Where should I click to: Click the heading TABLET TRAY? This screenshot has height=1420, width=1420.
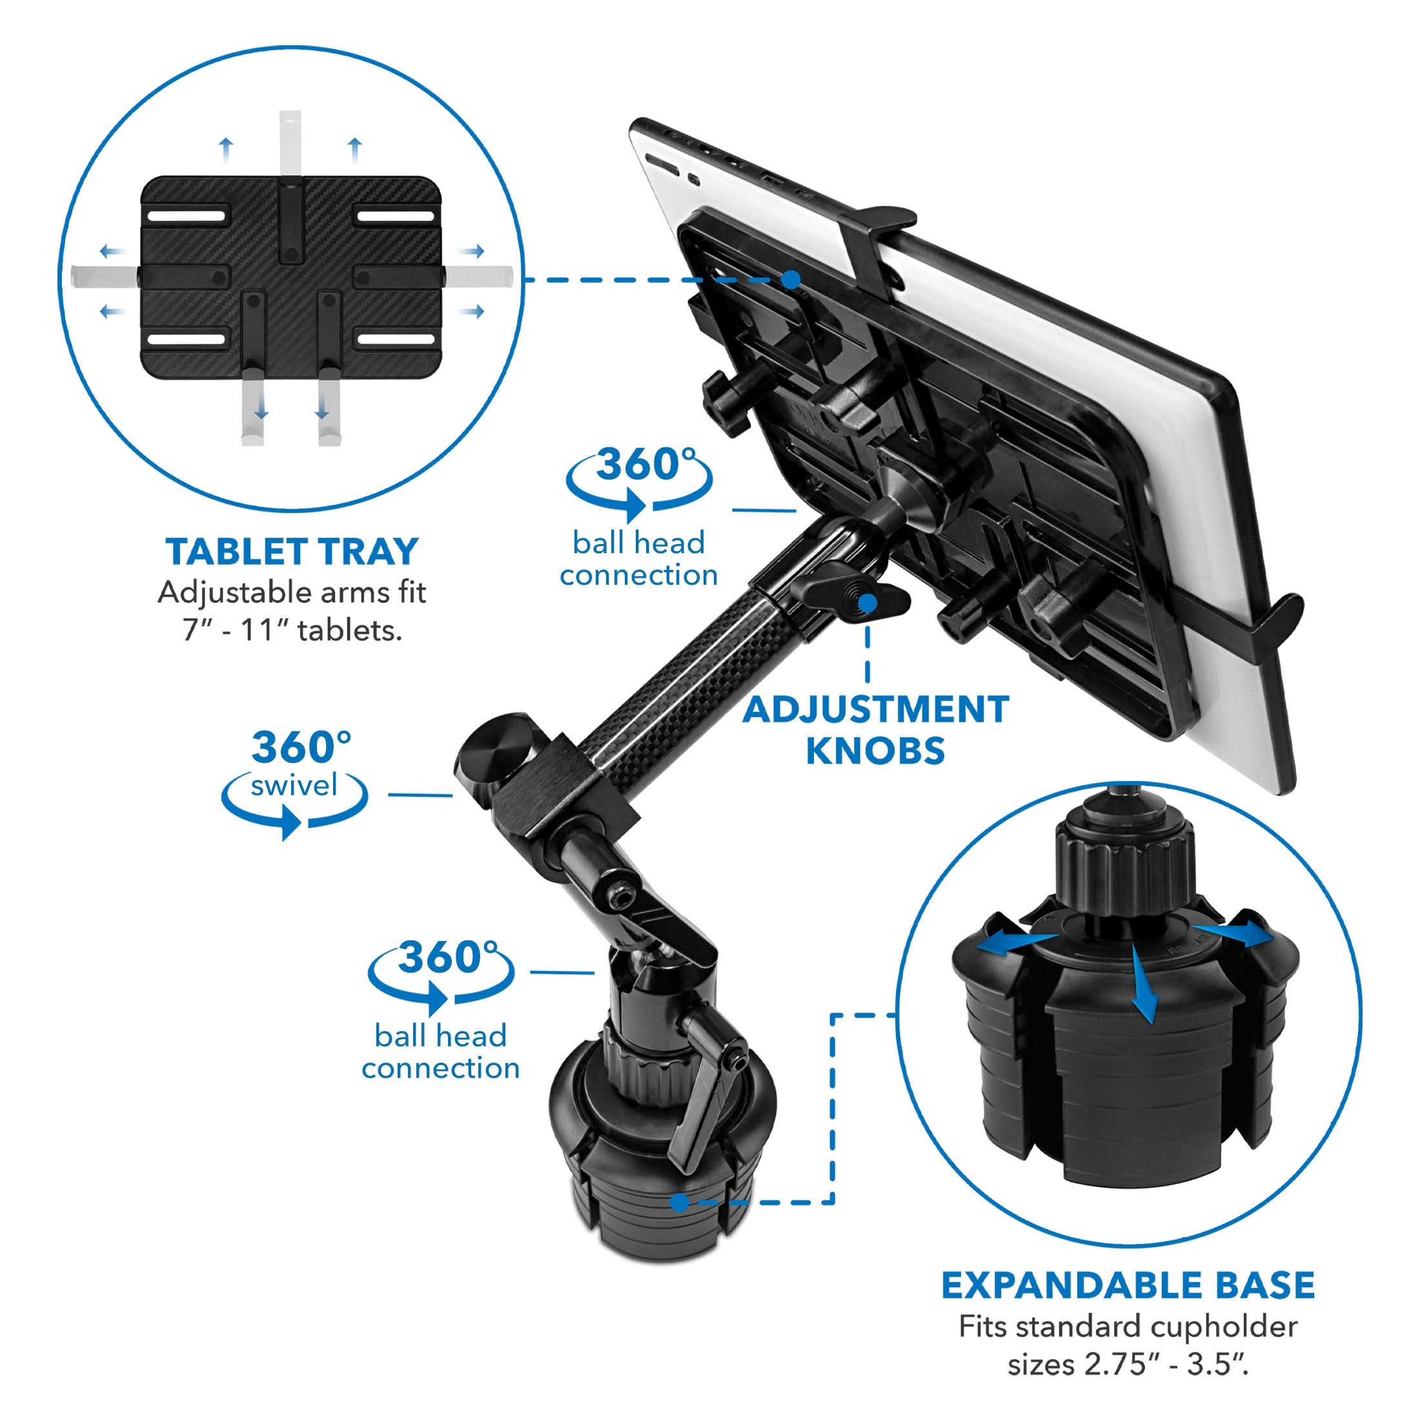(x=292, y=551)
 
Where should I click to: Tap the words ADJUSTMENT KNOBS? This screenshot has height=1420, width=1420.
(x=875, y=730)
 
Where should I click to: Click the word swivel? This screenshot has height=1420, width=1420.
(x=294, y=786)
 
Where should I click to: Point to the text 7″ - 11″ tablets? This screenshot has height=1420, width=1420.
(x=292, y=630)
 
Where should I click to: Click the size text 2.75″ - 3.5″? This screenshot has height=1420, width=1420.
(x=1128, y=1365)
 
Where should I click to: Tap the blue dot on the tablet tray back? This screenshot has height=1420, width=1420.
(x=791, y=279)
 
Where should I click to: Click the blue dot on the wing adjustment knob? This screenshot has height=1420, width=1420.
(x=868, y=603)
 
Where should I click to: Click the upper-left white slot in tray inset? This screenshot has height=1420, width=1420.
(x=187, y=217)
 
